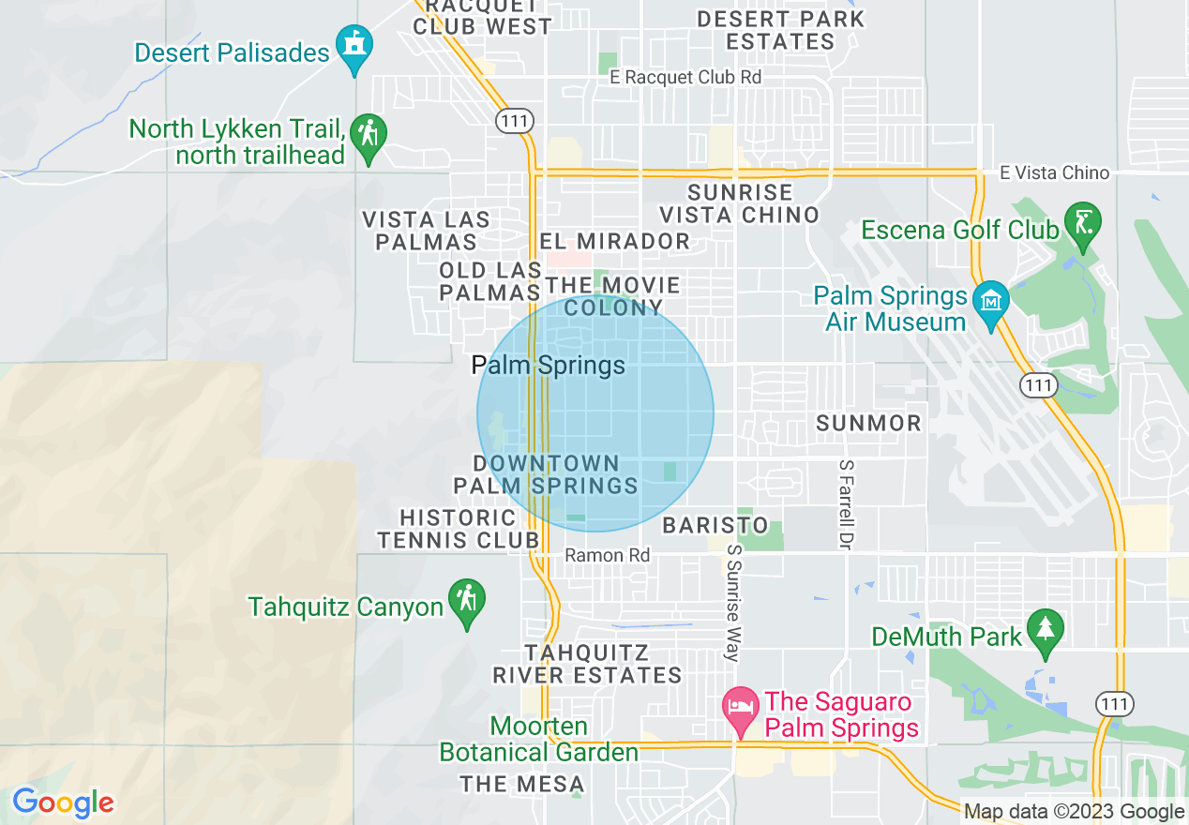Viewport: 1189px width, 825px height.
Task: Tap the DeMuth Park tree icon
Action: coord(1045,630)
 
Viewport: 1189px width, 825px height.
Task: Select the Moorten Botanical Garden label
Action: coord(538,740)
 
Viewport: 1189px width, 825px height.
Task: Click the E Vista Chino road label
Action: coord(1054,172)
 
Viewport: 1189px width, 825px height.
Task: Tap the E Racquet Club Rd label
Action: coord(685,77)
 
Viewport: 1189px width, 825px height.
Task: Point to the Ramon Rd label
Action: coord(607,555)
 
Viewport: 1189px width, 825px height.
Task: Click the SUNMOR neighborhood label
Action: coord(868,424)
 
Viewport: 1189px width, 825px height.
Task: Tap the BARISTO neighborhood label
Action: coord(715,526)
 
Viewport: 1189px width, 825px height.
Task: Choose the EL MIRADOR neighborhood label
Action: coord(614,241)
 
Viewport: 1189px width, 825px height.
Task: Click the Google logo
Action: coord(63,802)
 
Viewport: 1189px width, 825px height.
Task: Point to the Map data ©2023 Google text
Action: coord(1074,812)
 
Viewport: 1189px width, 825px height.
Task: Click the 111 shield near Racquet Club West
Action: coord(515,120)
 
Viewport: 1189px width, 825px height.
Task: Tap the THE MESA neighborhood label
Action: coord(521,784)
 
